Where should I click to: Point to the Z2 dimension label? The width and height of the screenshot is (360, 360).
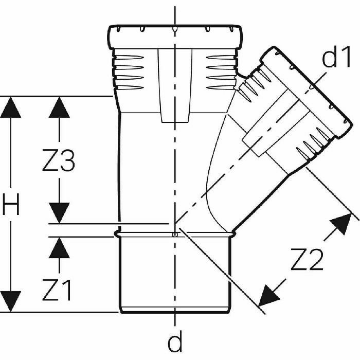pyautogui.click(x=307, y=262)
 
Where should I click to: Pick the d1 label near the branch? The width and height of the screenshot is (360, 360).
pyautogui.click(x=337, y=59)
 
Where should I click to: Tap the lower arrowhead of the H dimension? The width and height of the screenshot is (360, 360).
pyautogui.click(x=11, y=301)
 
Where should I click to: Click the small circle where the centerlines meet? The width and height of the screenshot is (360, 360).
pyautogui.click(x=175, y=234)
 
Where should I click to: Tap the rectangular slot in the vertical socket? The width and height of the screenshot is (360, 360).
pyautogui.click(x=174, y=85)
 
